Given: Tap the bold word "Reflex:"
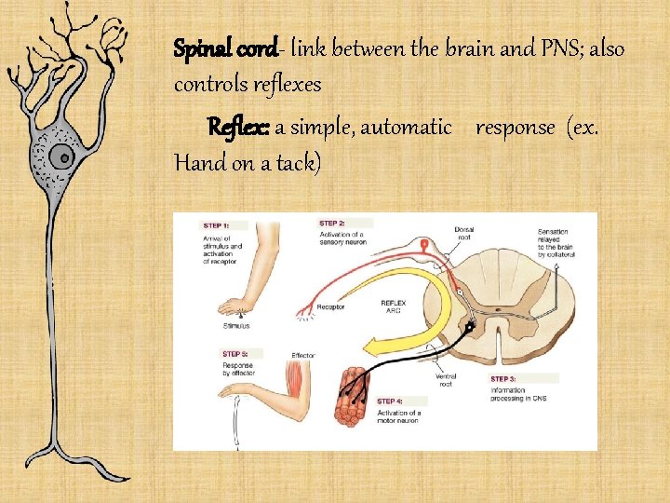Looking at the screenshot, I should tap(238, 126).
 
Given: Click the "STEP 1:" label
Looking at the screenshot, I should tap(216, 225).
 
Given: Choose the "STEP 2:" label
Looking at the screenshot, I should tap(332, 224).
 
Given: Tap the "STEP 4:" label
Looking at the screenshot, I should tap(391, 401).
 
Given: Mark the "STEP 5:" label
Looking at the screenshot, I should tap(235, 354).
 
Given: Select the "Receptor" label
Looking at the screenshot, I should tap(330, 306).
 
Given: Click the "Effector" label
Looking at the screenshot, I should tap(303, 355).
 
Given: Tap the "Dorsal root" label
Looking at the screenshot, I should tap(463, 233).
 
